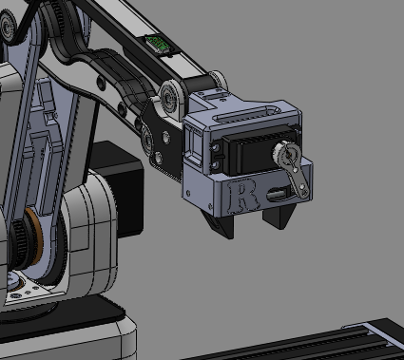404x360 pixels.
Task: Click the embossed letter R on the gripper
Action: click(243, 196)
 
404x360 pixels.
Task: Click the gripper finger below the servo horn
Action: click(279, 216)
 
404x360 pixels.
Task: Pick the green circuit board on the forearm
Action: click(157, 44)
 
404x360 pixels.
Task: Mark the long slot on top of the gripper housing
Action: click(246, 115)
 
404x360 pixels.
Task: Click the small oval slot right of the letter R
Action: click(278, 194)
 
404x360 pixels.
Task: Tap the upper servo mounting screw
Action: click(217, 148)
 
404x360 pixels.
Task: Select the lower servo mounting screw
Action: click(217, 165)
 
